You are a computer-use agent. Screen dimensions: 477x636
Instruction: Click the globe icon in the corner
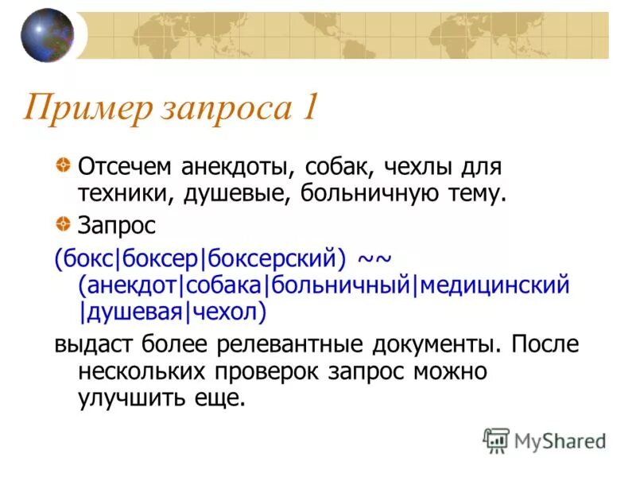pos(47,35)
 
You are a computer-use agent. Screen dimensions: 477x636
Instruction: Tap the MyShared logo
pos(544,440)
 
